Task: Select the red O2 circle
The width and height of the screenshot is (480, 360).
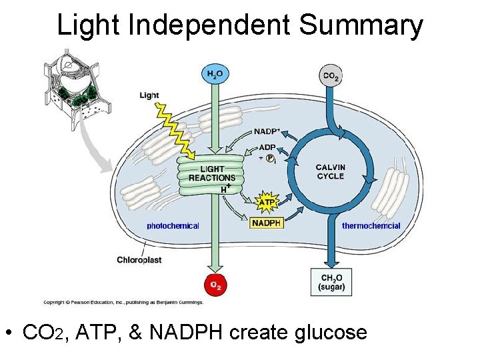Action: (215, 285)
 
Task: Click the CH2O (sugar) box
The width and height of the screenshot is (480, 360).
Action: (331, 282)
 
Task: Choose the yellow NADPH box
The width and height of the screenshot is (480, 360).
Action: (267, 223)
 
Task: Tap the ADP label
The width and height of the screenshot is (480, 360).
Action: (267, 147)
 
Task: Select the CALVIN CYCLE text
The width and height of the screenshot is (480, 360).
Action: (331, 171)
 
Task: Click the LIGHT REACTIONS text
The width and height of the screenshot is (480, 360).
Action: (211, 174)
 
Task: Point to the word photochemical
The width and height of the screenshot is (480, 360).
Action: (173, 226)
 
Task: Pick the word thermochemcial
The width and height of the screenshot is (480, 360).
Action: (371, 226)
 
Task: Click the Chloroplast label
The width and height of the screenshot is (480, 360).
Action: (139, 259)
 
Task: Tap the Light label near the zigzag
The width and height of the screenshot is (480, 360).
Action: (149, 95)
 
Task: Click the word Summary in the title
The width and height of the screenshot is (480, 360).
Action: (361, 25)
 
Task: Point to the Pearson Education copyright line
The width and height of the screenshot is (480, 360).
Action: (123, 302)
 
